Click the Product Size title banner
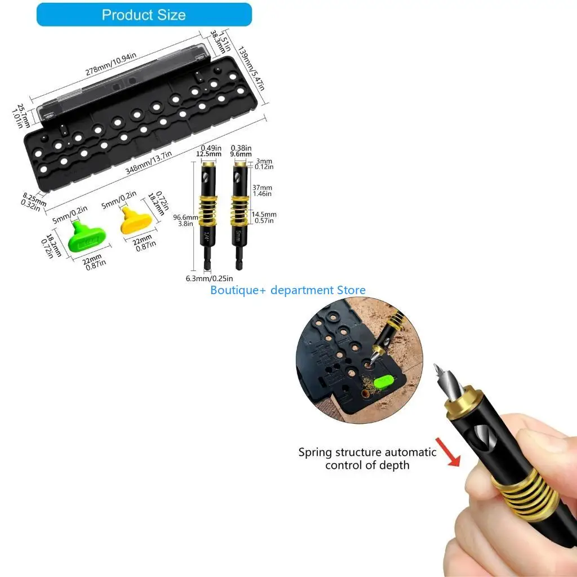[x=144, y=15]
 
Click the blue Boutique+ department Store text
[x=288, y=290]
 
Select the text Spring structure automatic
[x=367, y=452]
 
